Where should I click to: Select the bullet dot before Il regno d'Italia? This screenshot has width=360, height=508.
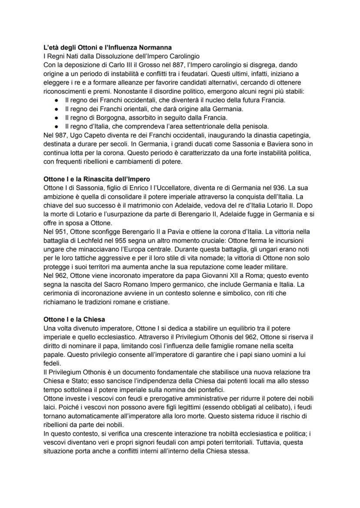57,126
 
